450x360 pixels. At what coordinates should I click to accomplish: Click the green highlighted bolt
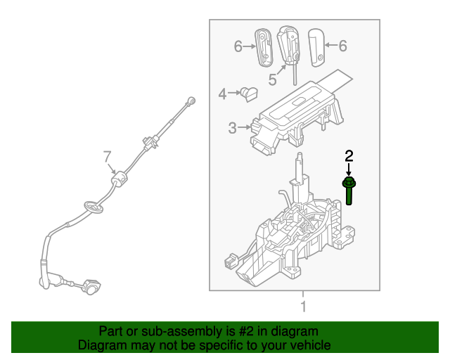pos(349,191)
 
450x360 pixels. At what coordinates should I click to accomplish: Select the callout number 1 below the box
pos(303,307)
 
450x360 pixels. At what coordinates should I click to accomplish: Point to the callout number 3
pos(232,127)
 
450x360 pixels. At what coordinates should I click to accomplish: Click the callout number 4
pos(221,94)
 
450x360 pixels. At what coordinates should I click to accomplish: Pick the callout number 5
pos(272,79)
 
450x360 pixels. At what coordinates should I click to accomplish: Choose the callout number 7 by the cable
pos(108,155)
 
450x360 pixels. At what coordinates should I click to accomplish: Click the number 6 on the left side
pos(238,46)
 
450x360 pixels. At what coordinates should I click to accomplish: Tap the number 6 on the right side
pos(342,46)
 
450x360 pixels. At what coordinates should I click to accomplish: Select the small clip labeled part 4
pos(249,92)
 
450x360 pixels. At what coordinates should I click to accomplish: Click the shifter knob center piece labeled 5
pos(289,46)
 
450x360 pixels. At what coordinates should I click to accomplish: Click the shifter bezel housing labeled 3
pos(295,120)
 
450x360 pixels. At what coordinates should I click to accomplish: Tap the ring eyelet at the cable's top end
pos(191,101)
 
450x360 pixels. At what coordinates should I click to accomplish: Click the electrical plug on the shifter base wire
pos(230,264)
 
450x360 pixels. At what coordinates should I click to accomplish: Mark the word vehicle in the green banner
pos(309,345)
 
